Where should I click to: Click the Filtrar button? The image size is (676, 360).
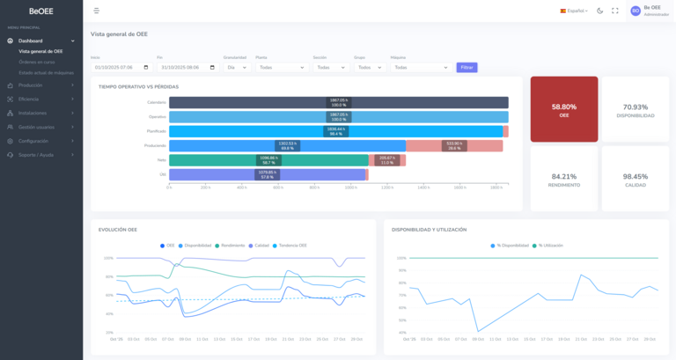(467, 67)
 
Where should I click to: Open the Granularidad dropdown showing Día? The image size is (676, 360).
(236, 67)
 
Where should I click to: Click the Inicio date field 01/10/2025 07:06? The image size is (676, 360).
(121, 67)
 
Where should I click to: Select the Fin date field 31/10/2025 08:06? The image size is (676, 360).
(187, 67)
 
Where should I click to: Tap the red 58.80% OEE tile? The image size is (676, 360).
(563, 109)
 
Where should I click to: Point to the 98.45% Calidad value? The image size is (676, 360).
(635, 177)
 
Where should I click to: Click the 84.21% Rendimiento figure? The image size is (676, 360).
(563, 177)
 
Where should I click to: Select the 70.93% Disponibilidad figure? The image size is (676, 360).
(635, 107)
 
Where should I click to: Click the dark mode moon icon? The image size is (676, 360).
(599, 11)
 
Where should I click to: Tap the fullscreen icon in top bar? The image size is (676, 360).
(614, 11)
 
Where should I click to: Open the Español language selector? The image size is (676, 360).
(574, 11)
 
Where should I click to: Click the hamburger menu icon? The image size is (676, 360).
(96, 11)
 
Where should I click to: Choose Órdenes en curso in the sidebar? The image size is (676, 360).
(37, 62)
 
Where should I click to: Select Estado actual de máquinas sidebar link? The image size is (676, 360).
(46, 72)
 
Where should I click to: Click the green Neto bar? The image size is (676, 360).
(268, 160)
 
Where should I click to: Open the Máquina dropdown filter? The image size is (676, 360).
(419, 67)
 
